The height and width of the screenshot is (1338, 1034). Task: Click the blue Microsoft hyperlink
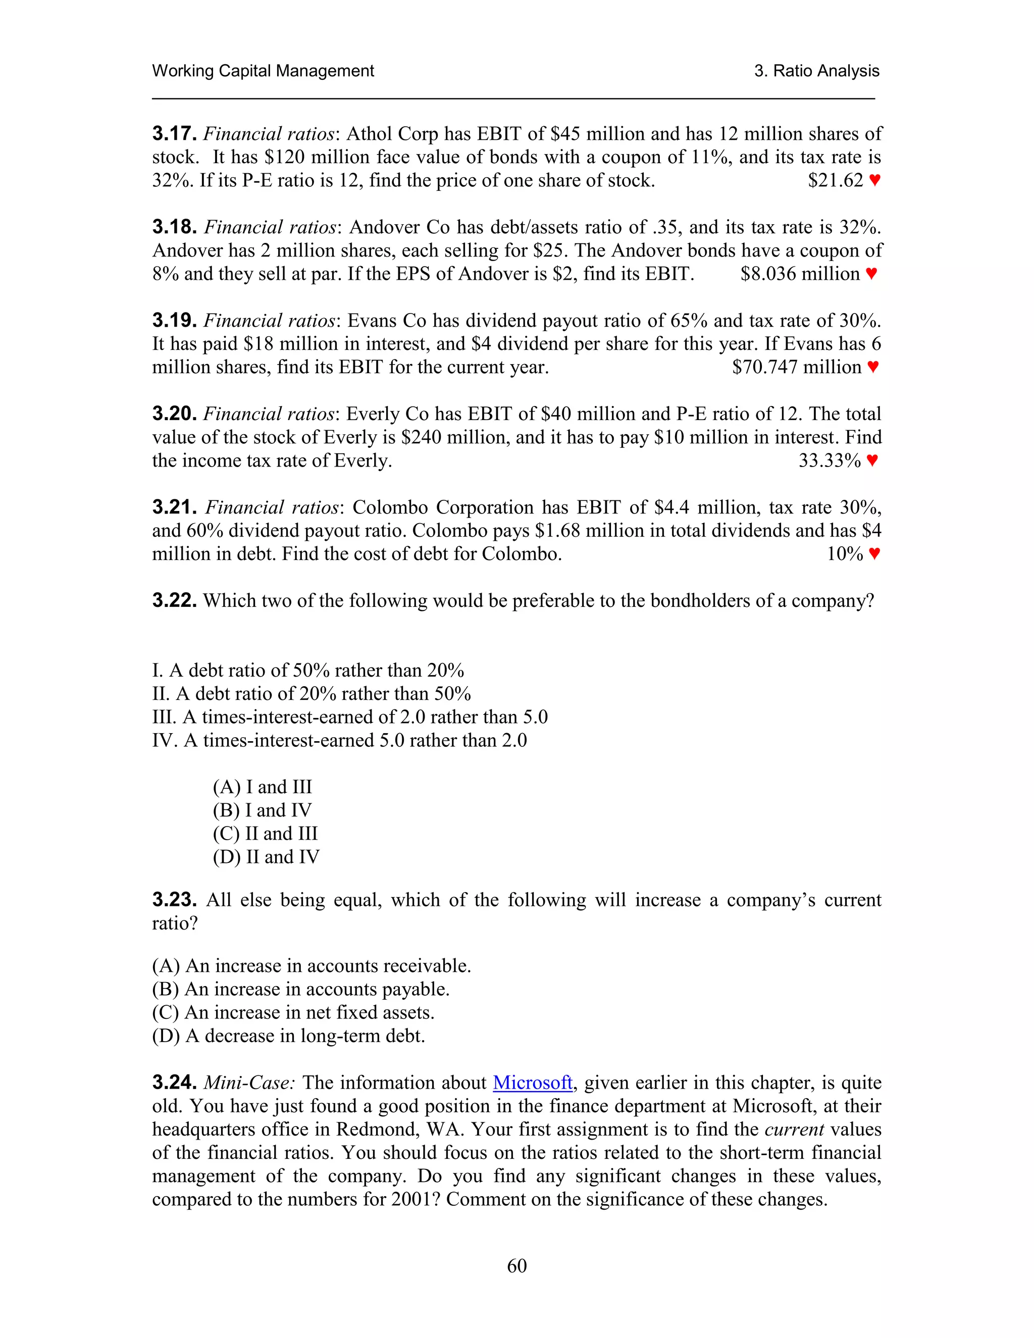point(532,1083)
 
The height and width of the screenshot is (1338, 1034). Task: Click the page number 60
point(516,1266)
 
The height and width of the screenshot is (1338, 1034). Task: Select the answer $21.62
point(835,180)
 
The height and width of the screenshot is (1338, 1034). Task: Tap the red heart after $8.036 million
point(871,274)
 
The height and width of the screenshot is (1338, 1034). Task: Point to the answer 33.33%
point(830,460)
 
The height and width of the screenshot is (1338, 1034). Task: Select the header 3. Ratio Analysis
point(816,71)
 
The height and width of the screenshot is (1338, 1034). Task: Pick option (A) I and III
point(262,787)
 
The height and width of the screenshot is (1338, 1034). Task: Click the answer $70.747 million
point(796,367)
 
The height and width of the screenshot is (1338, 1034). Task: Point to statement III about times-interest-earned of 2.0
point(350,717)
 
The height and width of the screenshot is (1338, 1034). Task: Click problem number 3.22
point(174,600)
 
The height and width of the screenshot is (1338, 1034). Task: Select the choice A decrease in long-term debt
point(288,1036)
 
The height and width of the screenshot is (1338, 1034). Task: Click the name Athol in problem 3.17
point(370,134)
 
